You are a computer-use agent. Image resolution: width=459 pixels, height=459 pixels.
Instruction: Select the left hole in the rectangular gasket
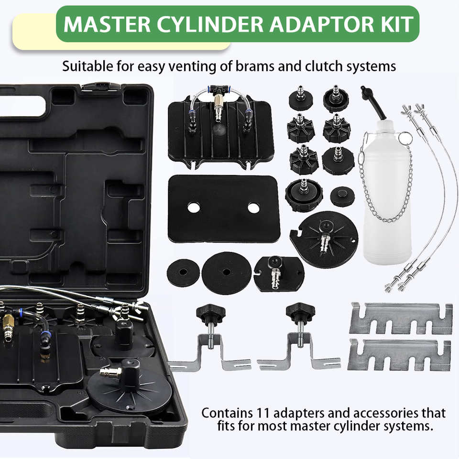click(194, 208)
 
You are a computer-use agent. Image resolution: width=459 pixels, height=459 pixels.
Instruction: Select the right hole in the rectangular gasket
click(253, 208)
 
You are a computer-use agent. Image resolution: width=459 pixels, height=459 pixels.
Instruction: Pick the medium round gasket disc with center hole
click(226, 273)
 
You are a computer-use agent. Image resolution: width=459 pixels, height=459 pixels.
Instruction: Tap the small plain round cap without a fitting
click(342, 197)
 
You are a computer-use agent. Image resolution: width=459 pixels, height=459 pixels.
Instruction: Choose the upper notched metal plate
click(401, 317)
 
